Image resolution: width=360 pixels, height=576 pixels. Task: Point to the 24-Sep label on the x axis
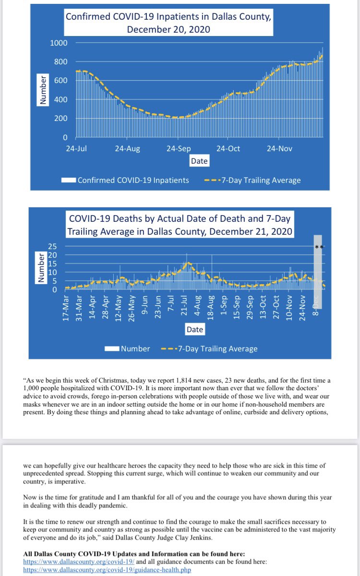pos(178,148)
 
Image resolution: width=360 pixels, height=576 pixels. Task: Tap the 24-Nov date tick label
pos(279,148)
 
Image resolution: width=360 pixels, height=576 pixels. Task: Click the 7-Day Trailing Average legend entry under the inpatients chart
pos(253,180)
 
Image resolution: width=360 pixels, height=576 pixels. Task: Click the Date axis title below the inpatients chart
pos(199,161)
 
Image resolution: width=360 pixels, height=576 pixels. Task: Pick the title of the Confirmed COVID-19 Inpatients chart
pos(168,23)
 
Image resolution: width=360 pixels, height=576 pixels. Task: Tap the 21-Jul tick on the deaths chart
pos(183,305)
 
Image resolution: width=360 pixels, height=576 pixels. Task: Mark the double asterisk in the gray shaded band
pos(320,247)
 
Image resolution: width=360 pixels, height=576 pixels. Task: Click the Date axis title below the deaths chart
pos(194,329)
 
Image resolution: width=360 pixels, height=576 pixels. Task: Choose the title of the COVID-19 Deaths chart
pos(180,225)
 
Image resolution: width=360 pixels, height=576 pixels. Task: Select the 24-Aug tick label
pos(127,148)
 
